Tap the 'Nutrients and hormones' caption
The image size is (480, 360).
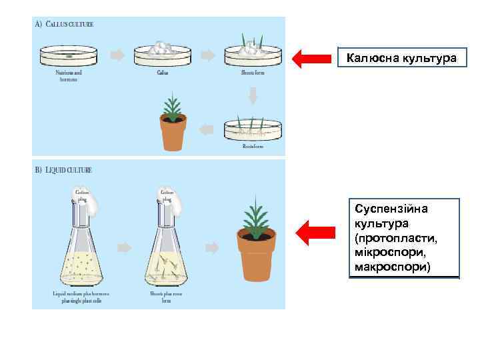[x=69, y=76]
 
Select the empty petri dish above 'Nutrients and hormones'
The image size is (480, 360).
[x=69, y=55]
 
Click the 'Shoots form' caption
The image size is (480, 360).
[x=253, y=73]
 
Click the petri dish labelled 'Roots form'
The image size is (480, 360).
[x=253, y=129]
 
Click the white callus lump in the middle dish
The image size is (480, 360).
[x=162, y=48]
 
